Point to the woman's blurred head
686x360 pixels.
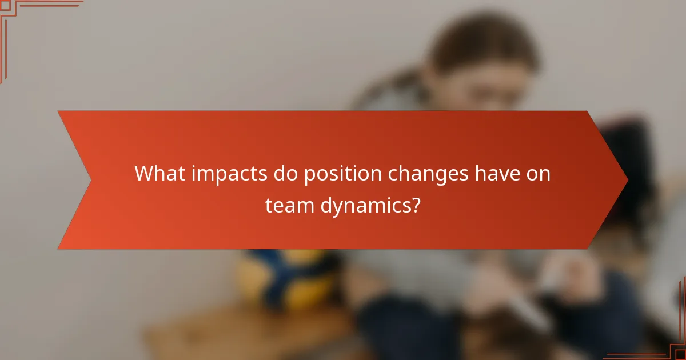483,63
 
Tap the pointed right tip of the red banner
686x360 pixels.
627,180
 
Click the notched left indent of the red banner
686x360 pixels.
90,180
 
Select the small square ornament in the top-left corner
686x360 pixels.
5,5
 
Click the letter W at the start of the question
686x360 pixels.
143,174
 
